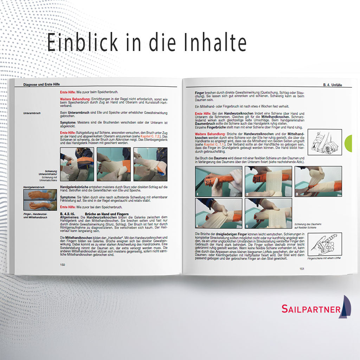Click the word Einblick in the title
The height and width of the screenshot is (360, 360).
[x=83, y=43]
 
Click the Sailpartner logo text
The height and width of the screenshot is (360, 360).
[x=311, y=309]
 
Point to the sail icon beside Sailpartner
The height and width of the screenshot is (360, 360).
[x=346, y=306]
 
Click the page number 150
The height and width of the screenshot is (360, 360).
[x=63, y=265]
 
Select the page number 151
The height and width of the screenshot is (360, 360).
[x=302, y=269]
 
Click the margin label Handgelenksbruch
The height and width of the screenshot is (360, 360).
[x=34, y=187]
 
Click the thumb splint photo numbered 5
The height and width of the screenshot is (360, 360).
[x=268, y=213]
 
